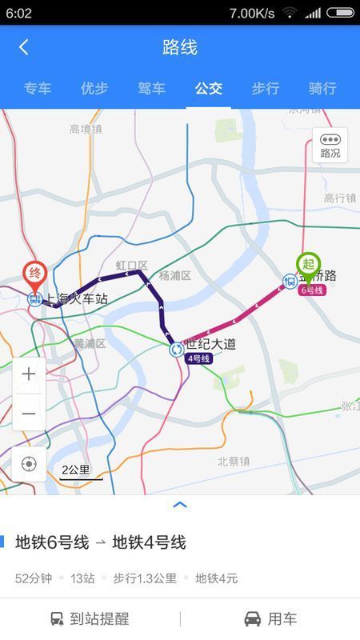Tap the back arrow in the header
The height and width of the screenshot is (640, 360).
23,47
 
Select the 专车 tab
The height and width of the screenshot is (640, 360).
38,88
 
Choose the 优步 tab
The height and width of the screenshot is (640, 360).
94,88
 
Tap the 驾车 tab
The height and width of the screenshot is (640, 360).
151,88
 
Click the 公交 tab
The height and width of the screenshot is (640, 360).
208,88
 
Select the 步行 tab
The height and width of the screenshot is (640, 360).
266,88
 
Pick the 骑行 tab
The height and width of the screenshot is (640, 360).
322,88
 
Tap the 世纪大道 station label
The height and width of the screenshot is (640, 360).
210,344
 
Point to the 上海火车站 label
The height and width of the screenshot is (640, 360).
77,299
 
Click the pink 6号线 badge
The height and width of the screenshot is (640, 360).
312,290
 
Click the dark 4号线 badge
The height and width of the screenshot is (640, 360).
198,358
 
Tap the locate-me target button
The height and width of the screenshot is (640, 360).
29,464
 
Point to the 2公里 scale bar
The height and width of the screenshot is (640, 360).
82,472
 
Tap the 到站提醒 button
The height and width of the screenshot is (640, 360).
90,618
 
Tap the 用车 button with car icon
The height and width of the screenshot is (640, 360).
270,618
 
